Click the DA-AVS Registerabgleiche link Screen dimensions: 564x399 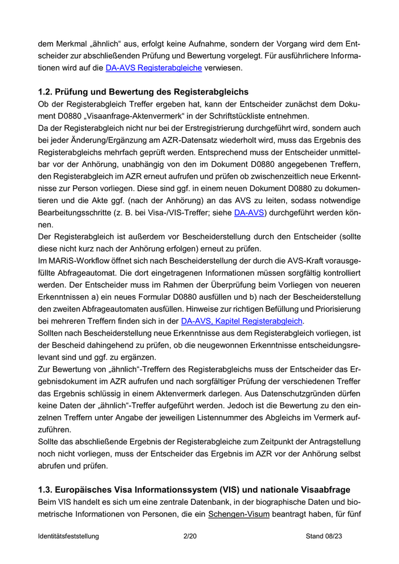[x=154, y=68]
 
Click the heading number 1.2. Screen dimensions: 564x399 [x=46, y=92]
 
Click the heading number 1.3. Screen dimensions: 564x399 [x=46, y=489]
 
